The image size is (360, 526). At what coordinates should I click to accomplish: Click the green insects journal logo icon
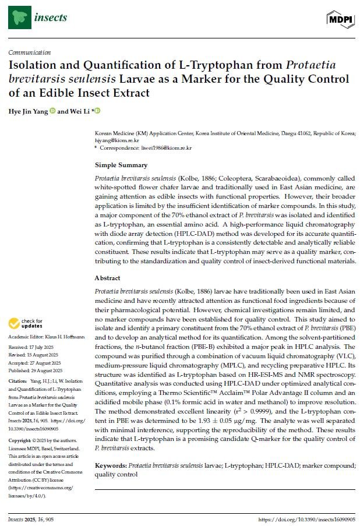pyautogui.click(x=19, y=17)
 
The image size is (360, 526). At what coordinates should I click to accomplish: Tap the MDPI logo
pyautogui.click(x=340, y=19)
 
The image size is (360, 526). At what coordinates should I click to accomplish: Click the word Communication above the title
pyautogui.click(x=30, y=52)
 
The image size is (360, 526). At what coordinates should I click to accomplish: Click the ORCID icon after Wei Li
pyautogui.click(x=98, y=111)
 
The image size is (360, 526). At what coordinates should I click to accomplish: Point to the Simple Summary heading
pyautogui.click(x=121, y=165)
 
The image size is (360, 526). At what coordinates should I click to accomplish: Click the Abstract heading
pyautogui.click(x=108, y=278)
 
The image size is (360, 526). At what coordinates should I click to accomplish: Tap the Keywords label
pyautogui.click(x=111, y=466)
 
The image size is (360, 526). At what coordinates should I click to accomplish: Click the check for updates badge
pyautogui.click(x=27, y=323)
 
